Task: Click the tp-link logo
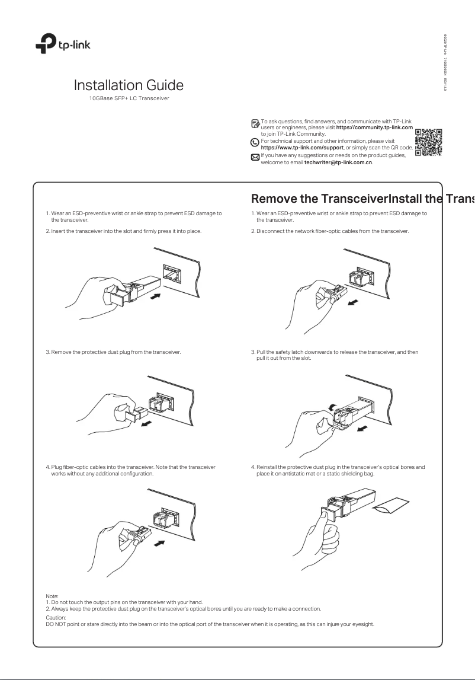[x=62, y=42]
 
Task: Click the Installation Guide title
[x=129, y=85]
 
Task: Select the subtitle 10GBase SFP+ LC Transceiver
[x=129, y=97]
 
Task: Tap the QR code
[x=428, y=143]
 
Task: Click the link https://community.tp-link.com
[x=374, y=128]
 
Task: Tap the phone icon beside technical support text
[x=255, y=142]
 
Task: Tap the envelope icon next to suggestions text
[x=255, y=157]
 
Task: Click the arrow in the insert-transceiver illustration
[x=156, y=296]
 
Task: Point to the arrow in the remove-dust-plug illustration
[x=156, y=423]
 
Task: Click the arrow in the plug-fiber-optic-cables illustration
[x=159, y=543]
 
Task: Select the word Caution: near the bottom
[x=55, y=617]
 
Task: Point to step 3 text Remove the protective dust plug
[x=114, y=352]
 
